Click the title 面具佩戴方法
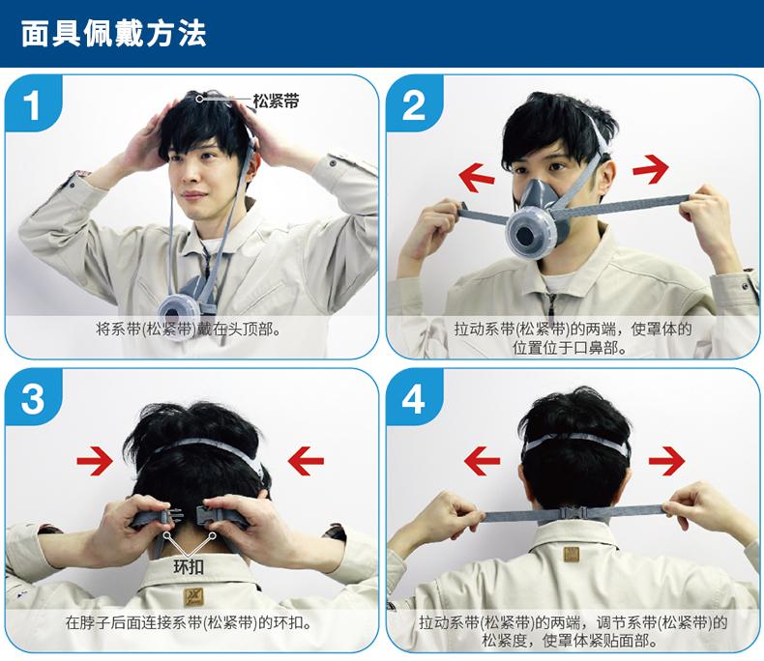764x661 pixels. [x=113, y=34]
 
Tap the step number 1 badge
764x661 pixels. [x=33, y=104]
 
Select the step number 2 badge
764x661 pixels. [x=414, y=104]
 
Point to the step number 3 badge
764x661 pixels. [x=33, y=399]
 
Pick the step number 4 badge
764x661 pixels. [x=414, y=399]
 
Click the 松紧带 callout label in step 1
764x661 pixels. [x=276, y=101]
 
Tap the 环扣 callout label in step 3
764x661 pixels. [x=189, y=567]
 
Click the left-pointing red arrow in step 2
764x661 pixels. [x=477, y=177]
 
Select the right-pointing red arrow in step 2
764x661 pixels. [x=651, y=169]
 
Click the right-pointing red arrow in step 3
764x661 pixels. [x=95, y=461]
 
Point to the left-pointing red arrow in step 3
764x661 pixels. [x=306, y=461]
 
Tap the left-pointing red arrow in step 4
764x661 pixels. [x=482, y=461]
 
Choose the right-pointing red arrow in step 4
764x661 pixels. [x=666, y=461]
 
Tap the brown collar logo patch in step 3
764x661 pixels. [x=193, y=597]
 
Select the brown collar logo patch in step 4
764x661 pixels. [x=571, y=554]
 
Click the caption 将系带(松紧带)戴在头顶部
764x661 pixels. [x=189, y=330]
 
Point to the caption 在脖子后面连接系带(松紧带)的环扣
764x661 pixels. [x=189, y=622]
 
